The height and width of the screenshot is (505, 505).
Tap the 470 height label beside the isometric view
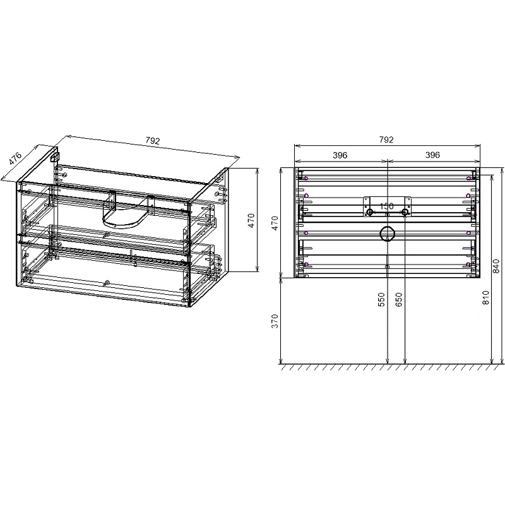[x=251, y=220]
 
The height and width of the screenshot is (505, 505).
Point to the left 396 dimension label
[x=341, y=155]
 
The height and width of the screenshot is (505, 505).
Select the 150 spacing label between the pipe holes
[x=387, y=206]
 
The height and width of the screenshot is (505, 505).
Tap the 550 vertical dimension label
[x=381, y=299]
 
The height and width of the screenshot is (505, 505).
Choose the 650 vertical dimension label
[x=399, y=299]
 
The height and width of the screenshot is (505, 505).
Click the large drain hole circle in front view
[x=386, y=234]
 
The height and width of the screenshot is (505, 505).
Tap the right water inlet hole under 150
[x=404, y=212]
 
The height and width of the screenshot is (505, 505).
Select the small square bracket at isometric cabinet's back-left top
[x=55, y=155]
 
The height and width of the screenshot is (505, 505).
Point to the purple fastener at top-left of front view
[x=306, y=179]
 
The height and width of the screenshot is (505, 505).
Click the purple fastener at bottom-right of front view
[x=468, y=264]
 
